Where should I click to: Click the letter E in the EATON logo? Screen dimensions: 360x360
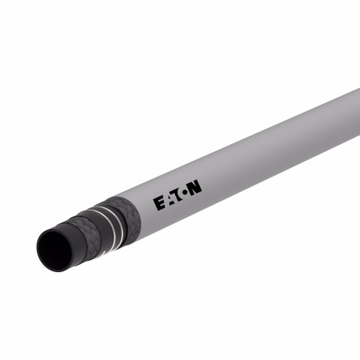tap(159, 204)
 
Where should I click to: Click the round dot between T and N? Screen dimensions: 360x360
tap(185, 193)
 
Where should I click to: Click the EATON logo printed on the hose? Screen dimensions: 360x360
tap(178, 195)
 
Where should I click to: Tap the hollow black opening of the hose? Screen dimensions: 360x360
tap(55, 250)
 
